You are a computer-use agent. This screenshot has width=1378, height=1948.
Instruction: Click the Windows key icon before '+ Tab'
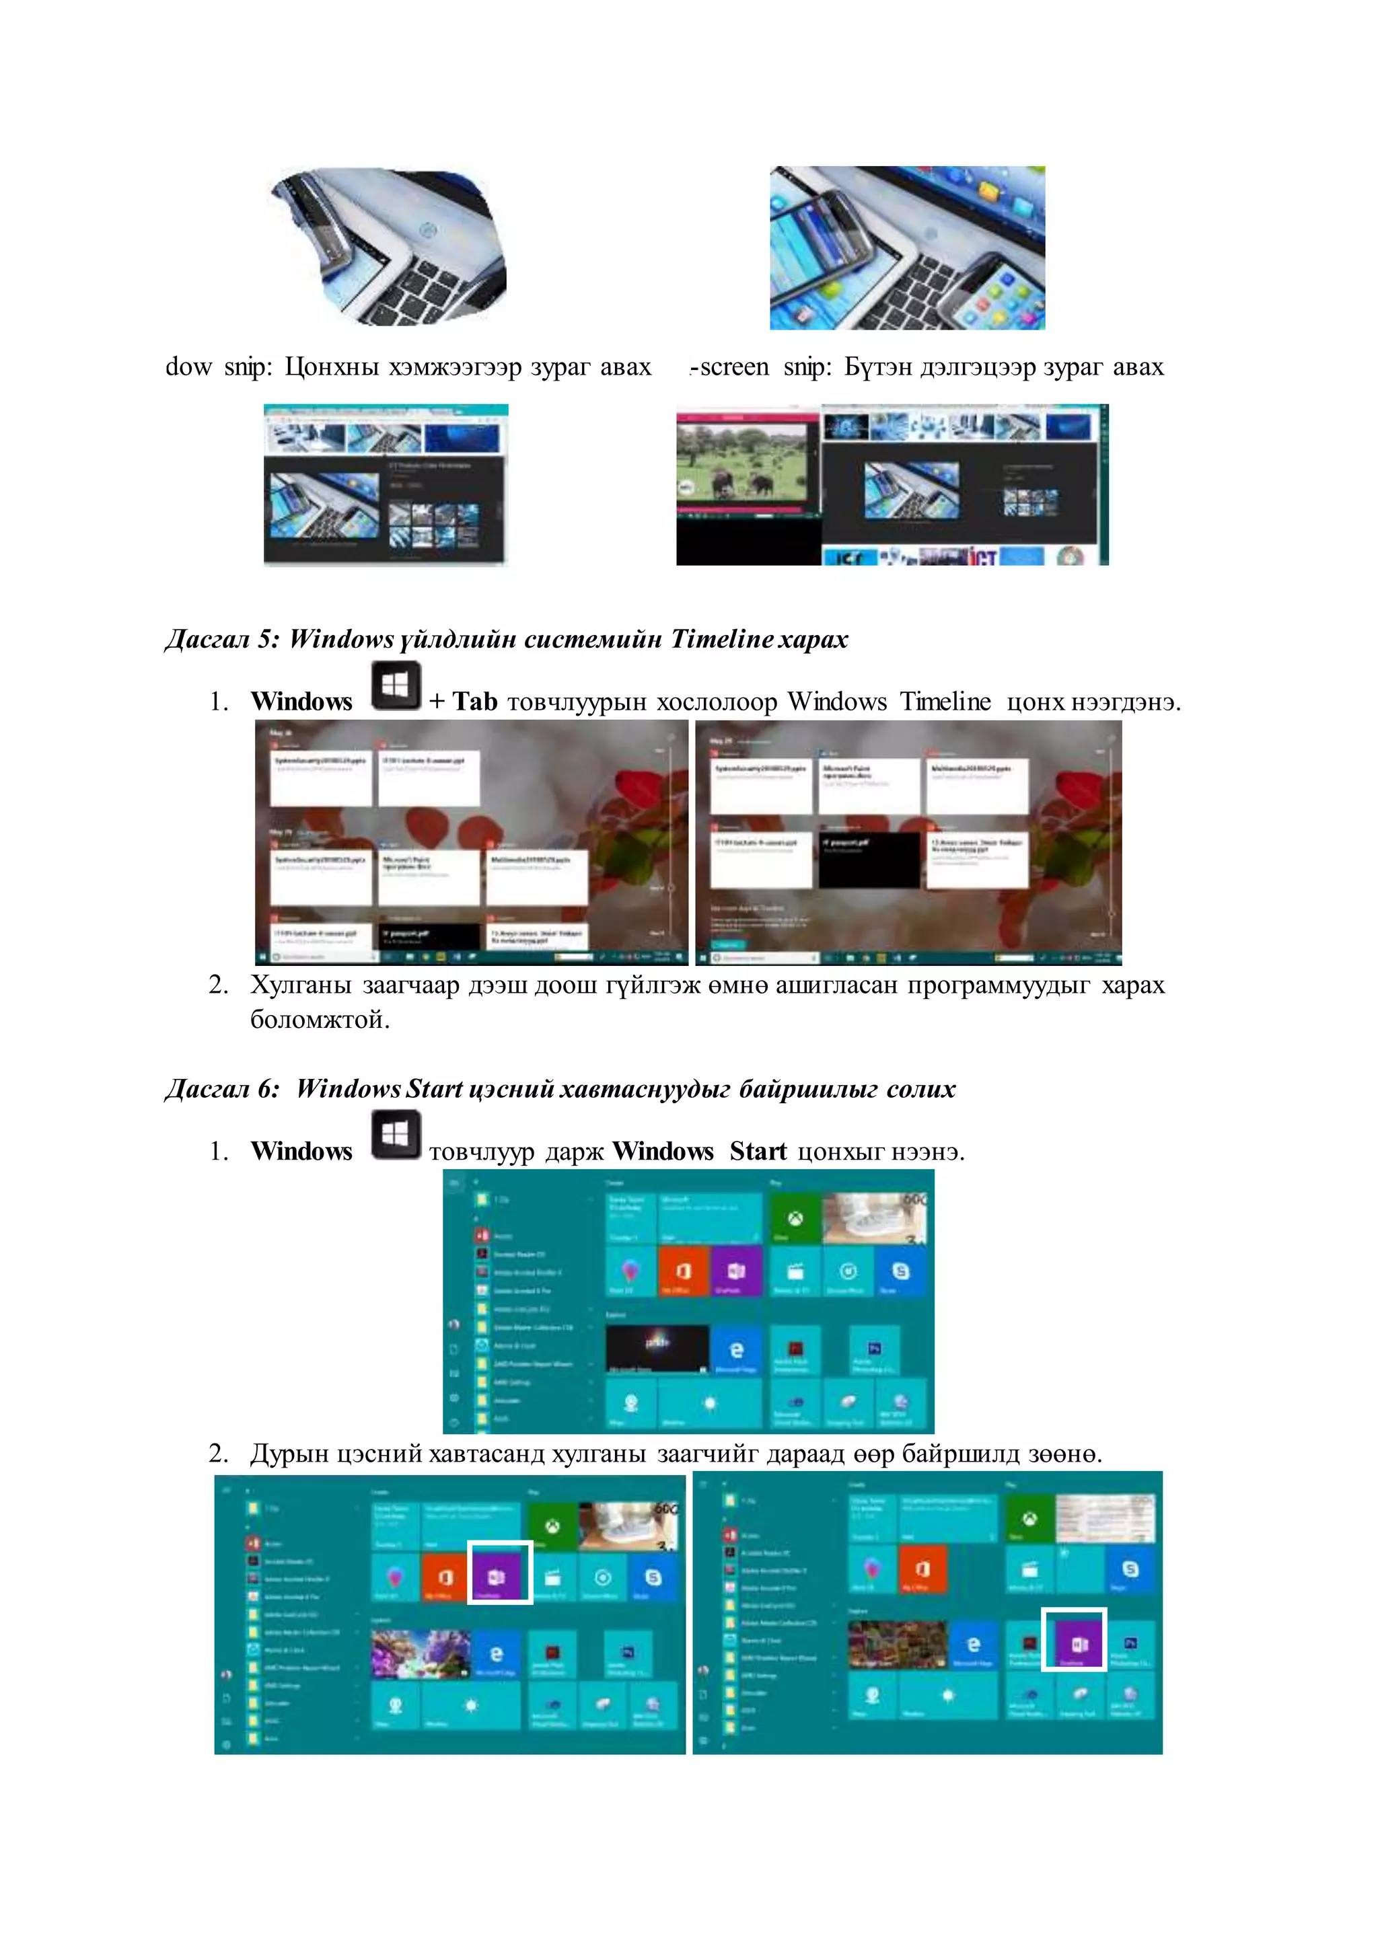[x=396, y=686]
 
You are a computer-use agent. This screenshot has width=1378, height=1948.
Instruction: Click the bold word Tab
[x=474, y=702]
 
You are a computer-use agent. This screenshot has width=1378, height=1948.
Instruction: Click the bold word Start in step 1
[x=758, y=1152]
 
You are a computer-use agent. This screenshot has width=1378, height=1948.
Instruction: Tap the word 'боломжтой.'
[x=320, y=1019]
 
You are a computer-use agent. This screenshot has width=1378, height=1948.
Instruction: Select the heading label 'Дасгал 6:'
[x=222, y=1090]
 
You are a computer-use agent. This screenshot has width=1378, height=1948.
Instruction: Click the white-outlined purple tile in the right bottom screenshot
[x=1073, y=1639]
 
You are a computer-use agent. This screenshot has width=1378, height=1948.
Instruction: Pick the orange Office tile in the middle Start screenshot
[x=683, y=1270]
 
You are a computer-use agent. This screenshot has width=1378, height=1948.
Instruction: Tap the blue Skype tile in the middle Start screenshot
[x=900, y=1270]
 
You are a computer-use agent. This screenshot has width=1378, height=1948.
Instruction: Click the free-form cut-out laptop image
[x=392, y=248]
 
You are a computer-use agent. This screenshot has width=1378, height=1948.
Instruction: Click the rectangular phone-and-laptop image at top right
[x=907, y=248]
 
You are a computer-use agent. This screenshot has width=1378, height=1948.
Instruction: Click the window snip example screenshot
[x=386, y=484]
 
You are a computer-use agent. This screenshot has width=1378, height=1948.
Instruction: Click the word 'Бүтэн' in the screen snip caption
[x=878, y=367]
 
